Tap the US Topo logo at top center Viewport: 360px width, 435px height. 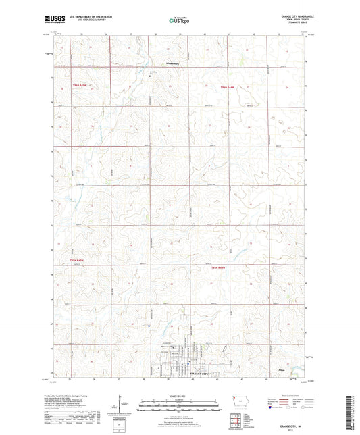179,21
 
